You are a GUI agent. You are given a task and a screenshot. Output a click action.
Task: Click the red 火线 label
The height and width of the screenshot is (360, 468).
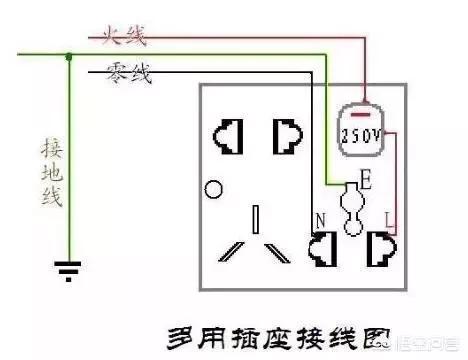pyautogui.click(x=123, y=39)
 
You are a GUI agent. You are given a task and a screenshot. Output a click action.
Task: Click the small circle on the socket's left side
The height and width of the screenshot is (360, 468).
pyautogui.click(x=210, y=189)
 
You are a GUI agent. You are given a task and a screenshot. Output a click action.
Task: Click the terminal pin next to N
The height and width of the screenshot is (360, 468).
pyautogui.click(x=324, y=247)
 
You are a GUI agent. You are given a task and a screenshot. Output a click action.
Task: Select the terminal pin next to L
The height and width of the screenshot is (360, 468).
pyautogui.click(x=380, y=247)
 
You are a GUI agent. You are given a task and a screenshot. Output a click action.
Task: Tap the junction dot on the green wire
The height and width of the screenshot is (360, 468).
pyautogui.click(x=68, y=57)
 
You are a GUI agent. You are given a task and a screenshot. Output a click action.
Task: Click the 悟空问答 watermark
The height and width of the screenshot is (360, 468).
pyautogui.click(x=425, y=342)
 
